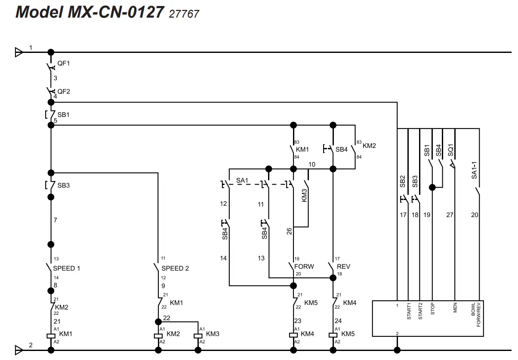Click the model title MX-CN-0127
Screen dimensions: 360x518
(x=89, y=12)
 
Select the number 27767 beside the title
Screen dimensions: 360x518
(x=184, y=14)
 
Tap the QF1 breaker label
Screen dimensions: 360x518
(x=64, y=63)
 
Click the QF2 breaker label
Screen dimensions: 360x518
(x=64, y=91)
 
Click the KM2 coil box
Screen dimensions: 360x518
(x=158, y=335)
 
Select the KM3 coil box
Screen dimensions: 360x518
(x=198, y=335)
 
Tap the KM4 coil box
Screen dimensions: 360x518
(x=293, y=335)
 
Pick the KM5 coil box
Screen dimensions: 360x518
(x=333, y=335)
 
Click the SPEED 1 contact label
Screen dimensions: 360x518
(x=66, y=268)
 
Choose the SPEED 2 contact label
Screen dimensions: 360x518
(x=175, y=268)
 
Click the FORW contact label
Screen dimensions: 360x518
(x=304, y=267)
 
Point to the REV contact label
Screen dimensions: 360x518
(x=343, y=267)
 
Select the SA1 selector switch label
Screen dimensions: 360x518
(x=242, y=181)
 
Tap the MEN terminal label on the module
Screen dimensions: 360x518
(x=455, y=308)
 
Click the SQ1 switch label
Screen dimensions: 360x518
(x=450, y=150)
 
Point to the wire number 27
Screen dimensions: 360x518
(x=450, y=215)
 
